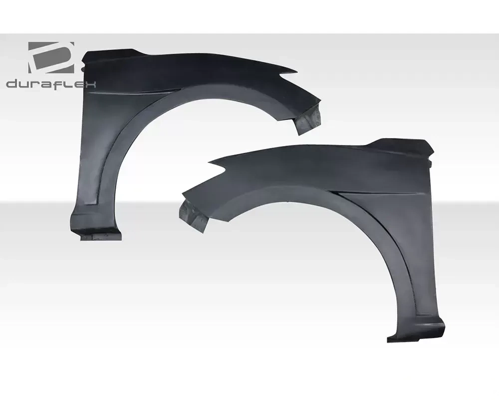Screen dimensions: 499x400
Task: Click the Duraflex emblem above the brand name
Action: (x=51, y=58)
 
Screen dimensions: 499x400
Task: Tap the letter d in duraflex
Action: (x=12, y=83)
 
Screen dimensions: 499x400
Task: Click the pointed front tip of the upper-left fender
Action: (x=297, y=71)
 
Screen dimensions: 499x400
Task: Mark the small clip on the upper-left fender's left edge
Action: (x=83, y=68)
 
